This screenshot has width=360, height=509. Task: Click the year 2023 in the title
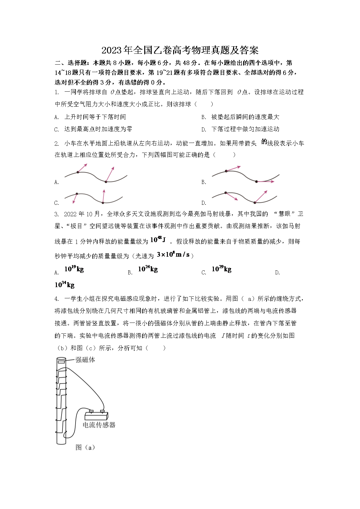point(112,50)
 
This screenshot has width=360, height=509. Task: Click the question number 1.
point(56,92)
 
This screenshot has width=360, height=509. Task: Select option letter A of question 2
point(56,182)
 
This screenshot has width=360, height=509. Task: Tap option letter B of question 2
point(204,182)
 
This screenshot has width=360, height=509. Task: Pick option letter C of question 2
point(56,203)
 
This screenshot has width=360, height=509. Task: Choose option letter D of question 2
point(204,203)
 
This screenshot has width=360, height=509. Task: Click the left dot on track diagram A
point(78,172)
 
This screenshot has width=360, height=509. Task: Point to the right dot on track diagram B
point(256,181)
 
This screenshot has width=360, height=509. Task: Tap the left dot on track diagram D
point(226,193)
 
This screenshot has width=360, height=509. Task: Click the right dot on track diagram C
point(103,203)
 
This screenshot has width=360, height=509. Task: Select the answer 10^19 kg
point(74,269)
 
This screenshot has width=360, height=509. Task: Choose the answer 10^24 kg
point(148,269)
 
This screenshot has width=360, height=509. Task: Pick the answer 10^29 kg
point(221,269)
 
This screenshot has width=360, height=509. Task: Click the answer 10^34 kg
point(65,285)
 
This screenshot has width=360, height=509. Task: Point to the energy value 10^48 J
point(158,240)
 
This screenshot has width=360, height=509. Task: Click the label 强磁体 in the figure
point(85,360)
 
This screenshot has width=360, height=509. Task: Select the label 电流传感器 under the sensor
point(99,425)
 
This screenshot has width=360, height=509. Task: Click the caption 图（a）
point(85,447)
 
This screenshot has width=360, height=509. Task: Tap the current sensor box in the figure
point(97,416)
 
